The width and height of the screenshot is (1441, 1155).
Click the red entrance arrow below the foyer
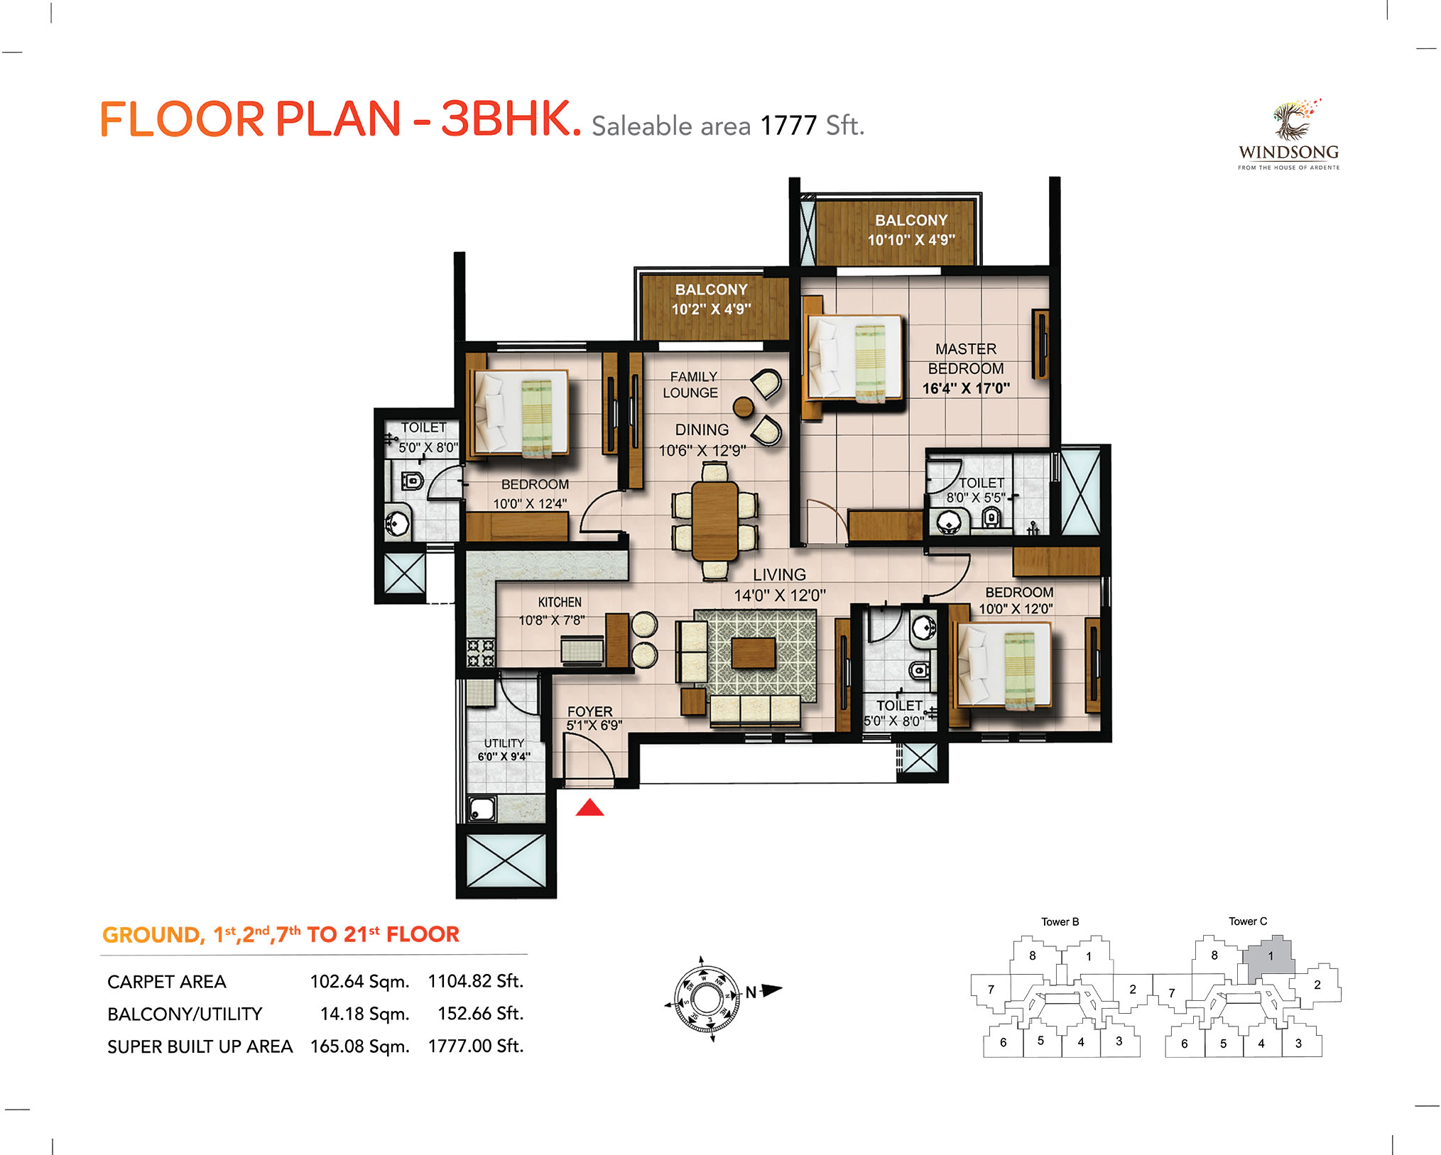point(589,807)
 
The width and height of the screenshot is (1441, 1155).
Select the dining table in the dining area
point(715,520)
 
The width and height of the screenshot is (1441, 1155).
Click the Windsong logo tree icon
point(1294,119)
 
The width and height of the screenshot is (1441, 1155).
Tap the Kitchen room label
point(560,602)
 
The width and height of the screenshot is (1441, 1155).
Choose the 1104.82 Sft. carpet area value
point(475,981)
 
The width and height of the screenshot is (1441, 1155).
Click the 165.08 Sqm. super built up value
point(360,1046)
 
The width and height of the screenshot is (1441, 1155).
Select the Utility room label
point(504,743)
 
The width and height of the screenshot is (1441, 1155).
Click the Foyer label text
point(589,711)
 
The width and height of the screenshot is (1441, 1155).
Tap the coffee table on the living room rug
point(754,652)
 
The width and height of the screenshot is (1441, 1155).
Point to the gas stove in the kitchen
point(480,652)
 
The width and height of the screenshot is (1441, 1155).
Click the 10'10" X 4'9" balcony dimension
point(911,240)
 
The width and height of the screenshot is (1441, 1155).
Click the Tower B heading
point(1060,921)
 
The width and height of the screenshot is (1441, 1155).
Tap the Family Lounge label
point(692,385)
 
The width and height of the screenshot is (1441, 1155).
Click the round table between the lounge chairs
point(744,407)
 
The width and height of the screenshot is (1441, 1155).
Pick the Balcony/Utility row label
point(185,1014)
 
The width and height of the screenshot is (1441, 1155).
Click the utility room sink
point(482,809)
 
